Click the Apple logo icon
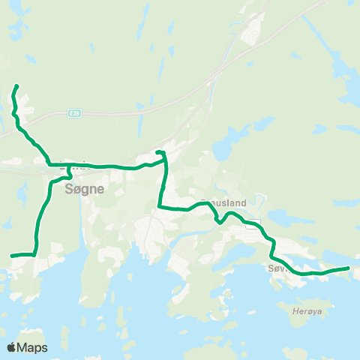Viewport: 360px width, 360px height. pyautogui.click(x=12, y=347)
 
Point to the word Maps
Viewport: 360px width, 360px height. pyautogui.click(x=32, y=347)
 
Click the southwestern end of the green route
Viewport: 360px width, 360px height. pyautogui.click(x=11, y=256)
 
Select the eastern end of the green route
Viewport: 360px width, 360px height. pyautogui.click(x=349, y=268)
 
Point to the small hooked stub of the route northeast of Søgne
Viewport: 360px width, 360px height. pyautogui.click(x=159, y=153)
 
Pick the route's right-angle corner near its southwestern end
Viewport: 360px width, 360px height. pyautogui.click(x=35, y=254)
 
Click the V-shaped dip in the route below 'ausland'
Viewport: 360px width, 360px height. pyautogui.click(x=217, y=221)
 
